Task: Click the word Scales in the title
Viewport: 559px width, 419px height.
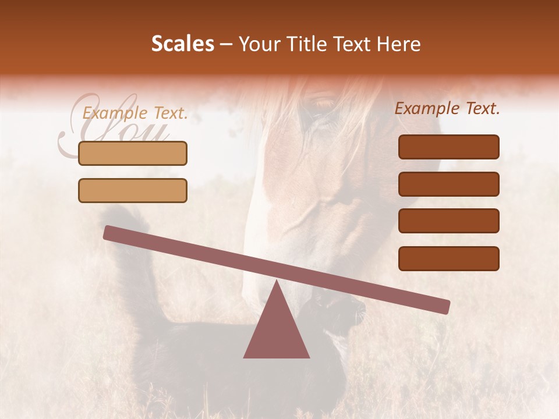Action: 182,44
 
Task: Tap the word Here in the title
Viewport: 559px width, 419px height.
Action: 398,44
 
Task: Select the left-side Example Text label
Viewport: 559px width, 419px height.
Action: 135,113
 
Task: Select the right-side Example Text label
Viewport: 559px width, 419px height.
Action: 447,108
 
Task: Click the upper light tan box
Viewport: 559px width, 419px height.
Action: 133,153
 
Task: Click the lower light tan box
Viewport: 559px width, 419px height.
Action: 133,190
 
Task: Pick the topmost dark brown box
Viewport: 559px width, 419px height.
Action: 448,147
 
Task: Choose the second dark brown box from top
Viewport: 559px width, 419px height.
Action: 448,184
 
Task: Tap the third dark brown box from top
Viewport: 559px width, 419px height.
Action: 448,221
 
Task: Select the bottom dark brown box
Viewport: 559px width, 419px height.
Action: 448,258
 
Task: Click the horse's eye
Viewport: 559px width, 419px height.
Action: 324,105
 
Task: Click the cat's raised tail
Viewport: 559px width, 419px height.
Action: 131,244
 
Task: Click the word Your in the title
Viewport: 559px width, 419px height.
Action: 259,44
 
